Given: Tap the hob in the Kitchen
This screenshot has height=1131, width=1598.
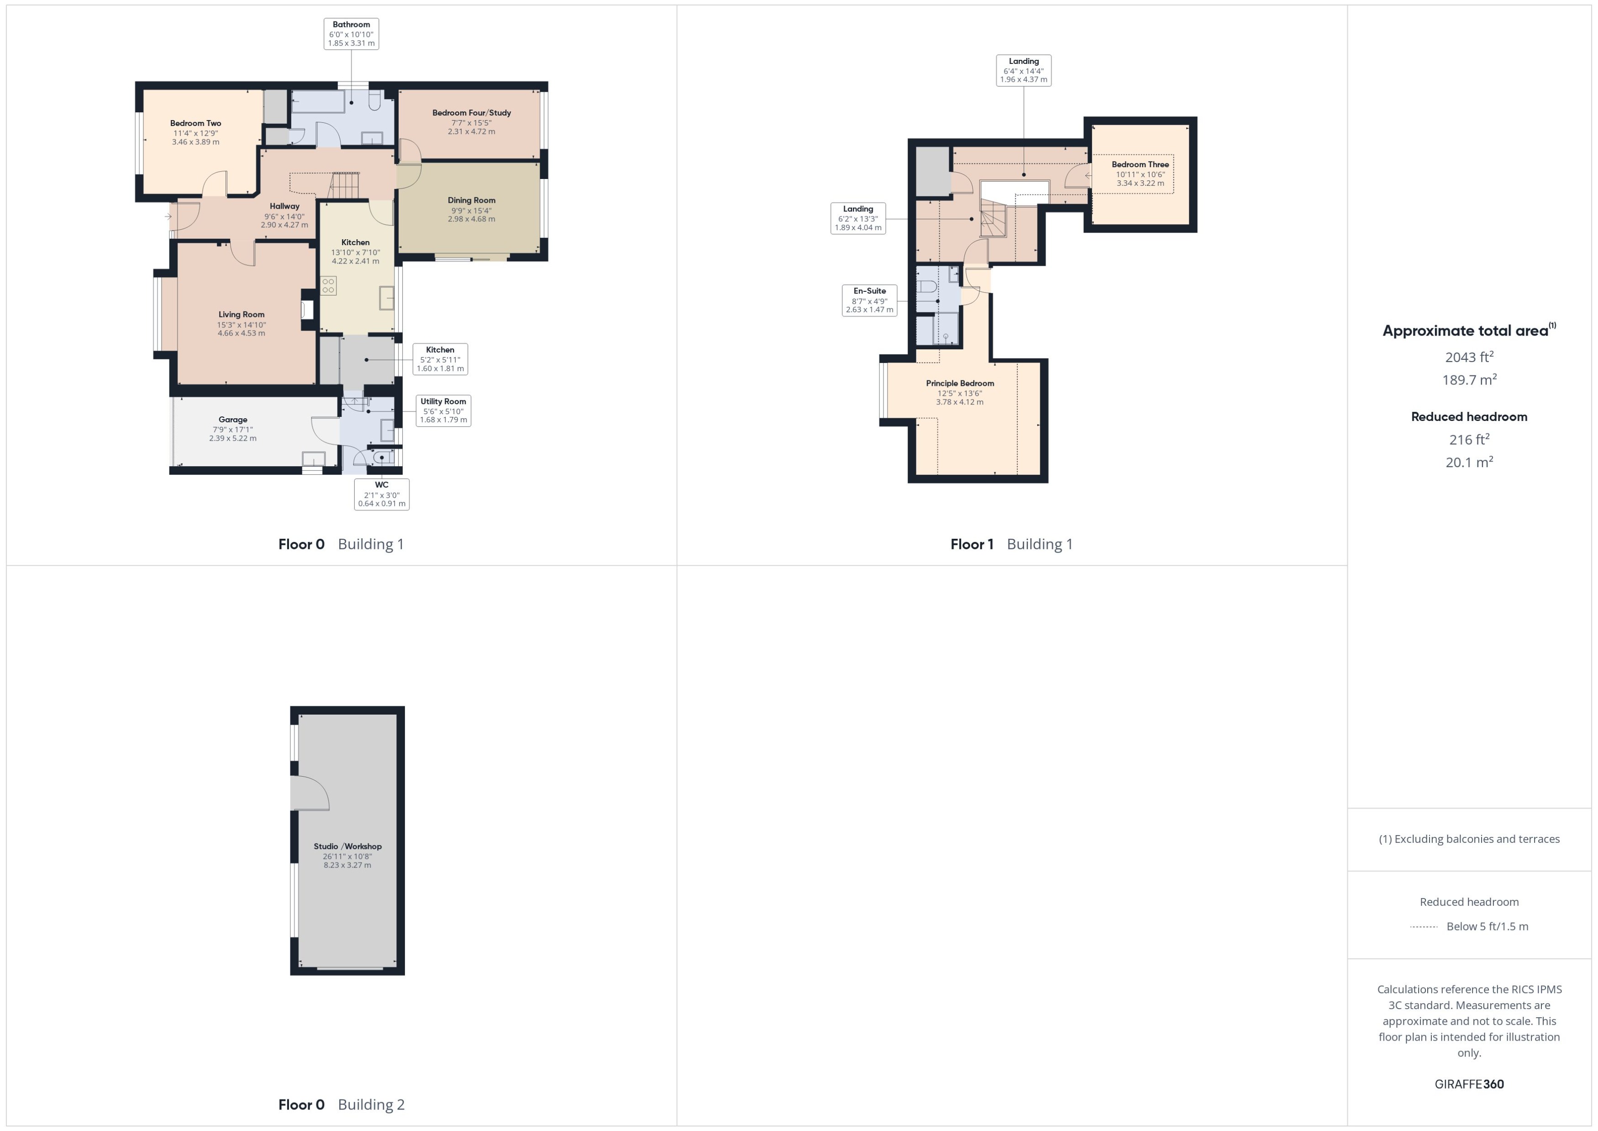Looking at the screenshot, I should [328, 285].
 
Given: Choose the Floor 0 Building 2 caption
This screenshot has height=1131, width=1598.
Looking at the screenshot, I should [341, 1105].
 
